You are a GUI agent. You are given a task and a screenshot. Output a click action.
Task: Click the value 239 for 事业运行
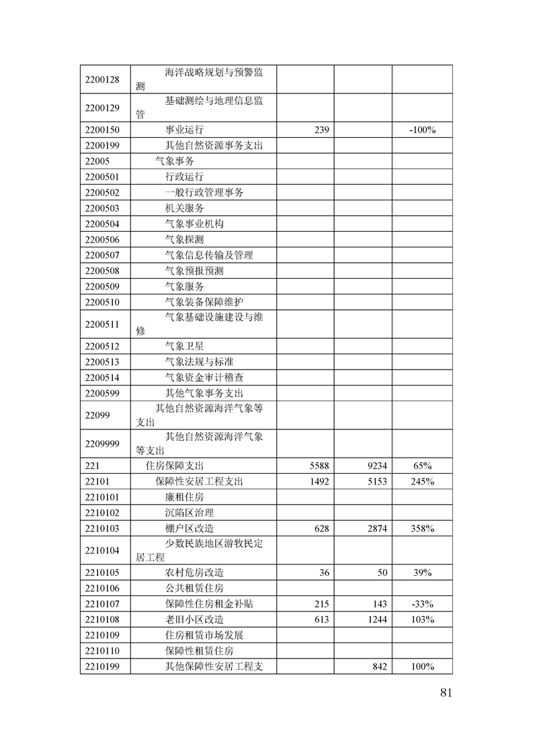321,130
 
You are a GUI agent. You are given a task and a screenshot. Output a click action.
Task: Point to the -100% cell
422,130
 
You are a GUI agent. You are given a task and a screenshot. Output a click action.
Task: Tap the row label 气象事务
174,161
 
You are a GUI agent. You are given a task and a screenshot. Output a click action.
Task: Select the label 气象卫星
184,346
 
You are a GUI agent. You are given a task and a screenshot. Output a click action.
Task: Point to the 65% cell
422,465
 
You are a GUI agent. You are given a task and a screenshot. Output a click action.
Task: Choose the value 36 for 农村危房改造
324,573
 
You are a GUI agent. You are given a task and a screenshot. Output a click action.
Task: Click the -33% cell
422,603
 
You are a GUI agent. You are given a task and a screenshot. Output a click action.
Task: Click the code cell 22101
97,481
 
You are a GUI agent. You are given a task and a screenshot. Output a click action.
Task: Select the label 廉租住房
184,497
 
